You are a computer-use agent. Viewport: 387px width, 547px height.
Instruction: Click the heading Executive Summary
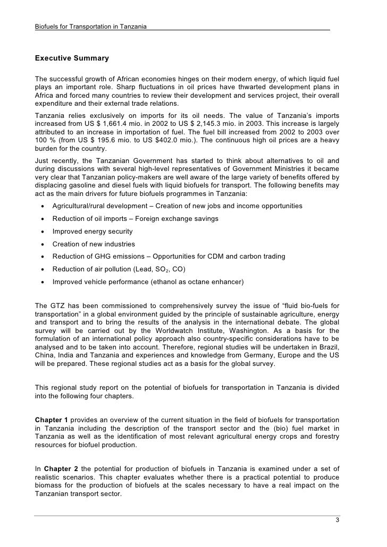[72, 57]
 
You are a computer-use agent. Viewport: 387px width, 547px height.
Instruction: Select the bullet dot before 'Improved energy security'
[41, 232]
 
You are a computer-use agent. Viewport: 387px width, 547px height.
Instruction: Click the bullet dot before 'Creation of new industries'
[41, 244]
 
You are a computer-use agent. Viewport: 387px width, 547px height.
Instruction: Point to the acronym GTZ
[58, 305]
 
